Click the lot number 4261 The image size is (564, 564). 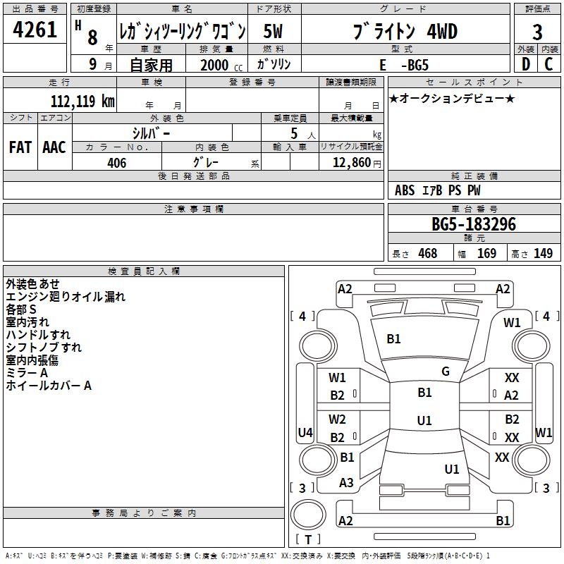[35, 31]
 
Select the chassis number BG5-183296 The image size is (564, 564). [474, 225]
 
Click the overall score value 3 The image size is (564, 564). [537, 32]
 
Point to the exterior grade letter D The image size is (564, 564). [525, 64]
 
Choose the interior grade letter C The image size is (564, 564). [548, 64]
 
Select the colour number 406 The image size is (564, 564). [116, 163]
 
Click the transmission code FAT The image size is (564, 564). [20, 147]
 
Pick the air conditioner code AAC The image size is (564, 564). [54, 147]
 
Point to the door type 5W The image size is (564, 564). [274, 32]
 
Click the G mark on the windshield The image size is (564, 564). [446, 372]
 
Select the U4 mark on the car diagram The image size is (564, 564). [305, 432]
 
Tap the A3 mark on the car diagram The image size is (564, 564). [346, 483]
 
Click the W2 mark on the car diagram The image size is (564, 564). [337, 419]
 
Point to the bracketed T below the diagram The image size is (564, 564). [308, 539]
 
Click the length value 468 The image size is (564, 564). [427, 254]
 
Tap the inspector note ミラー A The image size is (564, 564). [27, 372]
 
